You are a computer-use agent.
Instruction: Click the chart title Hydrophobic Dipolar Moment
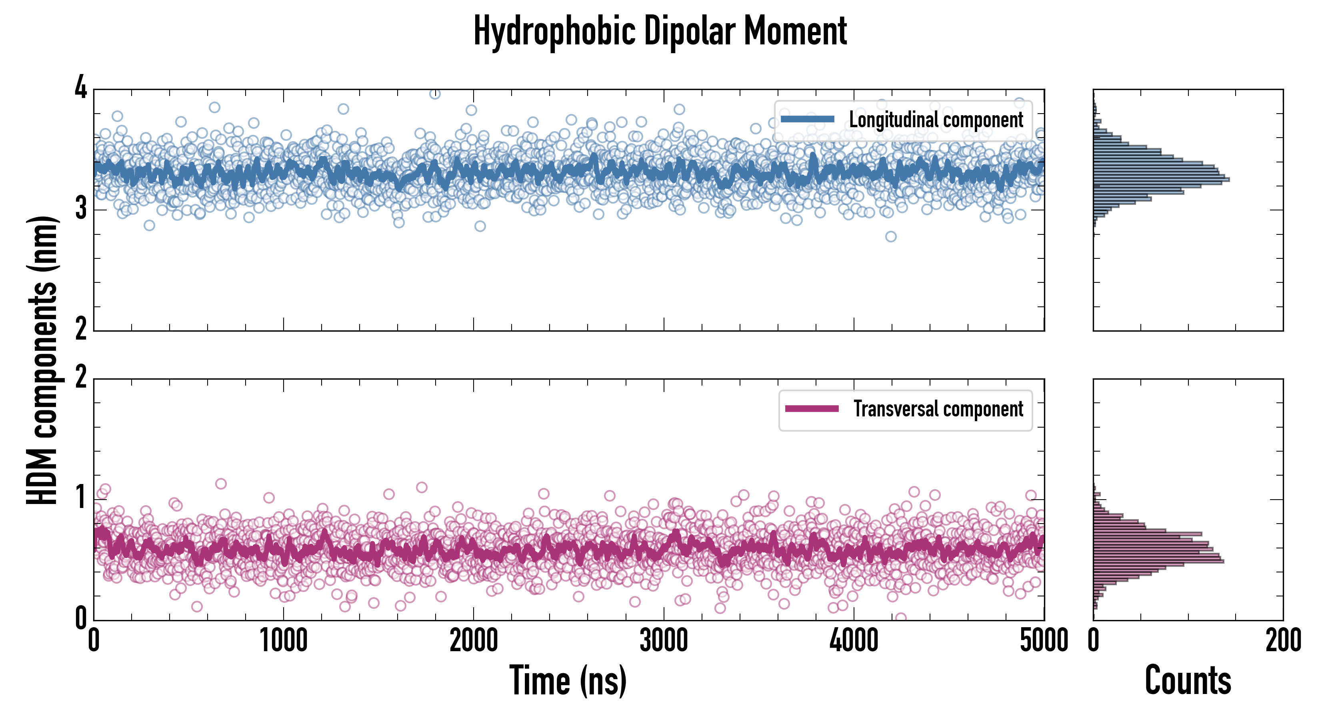click(x=660, y=31)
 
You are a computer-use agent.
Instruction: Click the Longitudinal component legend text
click(x=936, y=120)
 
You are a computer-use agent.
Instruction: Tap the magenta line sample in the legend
click(x=812, y=408)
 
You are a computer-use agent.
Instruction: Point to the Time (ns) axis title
click(x=568, y=680)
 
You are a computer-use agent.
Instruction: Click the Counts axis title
click(x=1188, y=680)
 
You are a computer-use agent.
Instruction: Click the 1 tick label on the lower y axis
click(x=81, y=498)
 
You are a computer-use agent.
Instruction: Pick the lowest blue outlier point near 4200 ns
click(x=890, y=236)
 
